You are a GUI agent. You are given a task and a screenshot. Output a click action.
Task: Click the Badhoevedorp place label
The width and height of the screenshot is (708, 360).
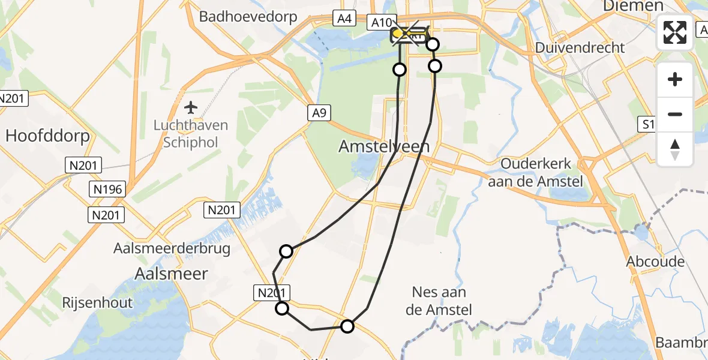pos(248,16)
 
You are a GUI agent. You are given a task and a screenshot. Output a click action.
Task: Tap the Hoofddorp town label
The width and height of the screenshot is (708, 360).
pos(47,136)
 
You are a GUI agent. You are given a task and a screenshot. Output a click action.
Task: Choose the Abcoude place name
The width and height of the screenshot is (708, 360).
pos(655,262)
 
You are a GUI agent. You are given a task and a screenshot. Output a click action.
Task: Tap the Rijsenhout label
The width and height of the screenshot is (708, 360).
pos(97,302)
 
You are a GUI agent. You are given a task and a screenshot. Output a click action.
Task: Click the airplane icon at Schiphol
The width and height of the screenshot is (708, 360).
pos(191,107)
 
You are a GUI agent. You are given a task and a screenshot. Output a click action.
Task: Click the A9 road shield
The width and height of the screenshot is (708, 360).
pos(319,112)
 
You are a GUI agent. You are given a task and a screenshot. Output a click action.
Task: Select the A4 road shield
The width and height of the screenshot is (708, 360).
pos(344,19)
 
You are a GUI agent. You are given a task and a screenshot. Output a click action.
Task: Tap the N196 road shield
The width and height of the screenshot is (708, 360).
pos(108,190)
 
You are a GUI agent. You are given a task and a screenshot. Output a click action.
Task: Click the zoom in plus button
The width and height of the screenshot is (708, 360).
pos(675,79)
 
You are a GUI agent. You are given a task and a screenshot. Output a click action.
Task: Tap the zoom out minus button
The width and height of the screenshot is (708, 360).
pos(675,114)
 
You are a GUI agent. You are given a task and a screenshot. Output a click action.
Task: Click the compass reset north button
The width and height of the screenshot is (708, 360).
pos(675,149)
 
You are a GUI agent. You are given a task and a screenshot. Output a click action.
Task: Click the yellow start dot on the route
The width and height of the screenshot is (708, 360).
pos(397,33)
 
